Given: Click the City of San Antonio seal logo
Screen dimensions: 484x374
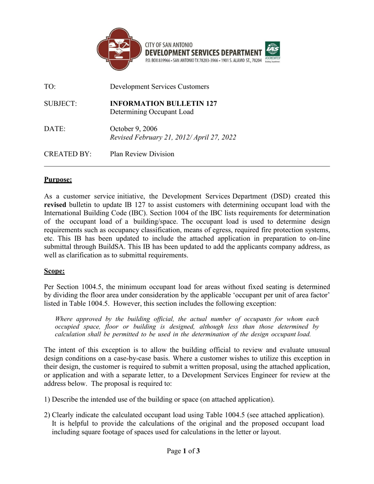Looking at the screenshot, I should (x=118, y=49).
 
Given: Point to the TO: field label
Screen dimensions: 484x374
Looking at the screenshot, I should (x=49, y=87).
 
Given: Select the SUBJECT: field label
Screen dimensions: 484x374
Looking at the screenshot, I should (x=60, y=104).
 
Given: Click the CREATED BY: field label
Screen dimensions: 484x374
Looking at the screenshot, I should (x=62, y=154).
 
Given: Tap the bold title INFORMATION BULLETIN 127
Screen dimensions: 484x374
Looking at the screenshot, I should (x=163, y=104).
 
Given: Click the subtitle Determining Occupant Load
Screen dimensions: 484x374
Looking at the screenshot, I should (x=152, y=112).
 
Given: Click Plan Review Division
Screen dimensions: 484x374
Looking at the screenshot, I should (x=142, y=154).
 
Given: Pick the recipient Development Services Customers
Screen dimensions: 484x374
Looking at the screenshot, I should (x=159, y=87).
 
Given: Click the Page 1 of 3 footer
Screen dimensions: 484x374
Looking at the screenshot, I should (x=183, y=451).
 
